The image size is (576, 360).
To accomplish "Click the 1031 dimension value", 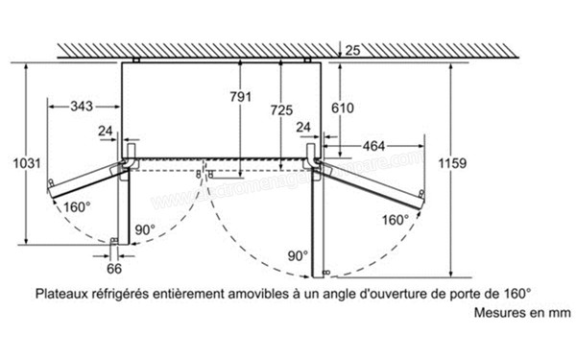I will click(x=15, y=163).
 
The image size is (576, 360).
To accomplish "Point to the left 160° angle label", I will click(x=78, y=205).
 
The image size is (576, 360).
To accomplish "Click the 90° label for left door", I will click(x=145, y=229).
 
